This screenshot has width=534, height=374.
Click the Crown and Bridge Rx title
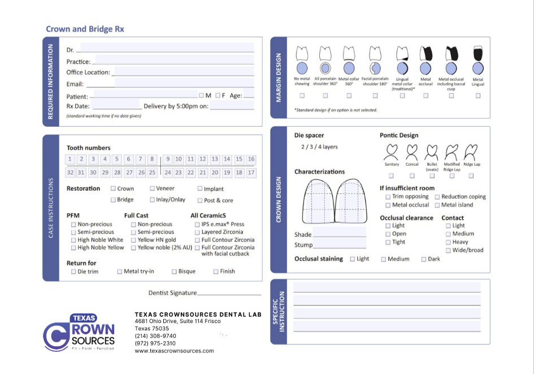pos(85,29)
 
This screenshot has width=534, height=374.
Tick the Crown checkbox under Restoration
pos(114,188)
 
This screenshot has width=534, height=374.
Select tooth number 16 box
pos(251,160)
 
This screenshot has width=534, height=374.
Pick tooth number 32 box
pos(70,173)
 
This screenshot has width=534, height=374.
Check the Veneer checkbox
pos(152,188)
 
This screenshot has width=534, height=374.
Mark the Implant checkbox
pos(200,189)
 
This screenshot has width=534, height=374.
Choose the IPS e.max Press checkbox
pos(197,225)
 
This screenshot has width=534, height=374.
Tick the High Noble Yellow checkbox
pos(73,248)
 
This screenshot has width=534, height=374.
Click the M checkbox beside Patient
pos(201,96)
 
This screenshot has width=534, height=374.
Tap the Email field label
pos(75,84)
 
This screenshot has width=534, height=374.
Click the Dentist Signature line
pos(229,294)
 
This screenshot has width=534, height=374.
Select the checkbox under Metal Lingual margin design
pos(478,96)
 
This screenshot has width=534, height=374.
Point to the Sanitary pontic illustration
pos(392,152)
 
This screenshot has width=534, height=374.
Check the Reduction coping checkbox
pos(437,197)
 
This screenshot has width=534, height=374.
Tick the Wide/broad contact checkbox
pos(448,250)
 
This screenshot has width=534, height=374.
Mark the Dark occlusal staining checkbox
pos(424,259)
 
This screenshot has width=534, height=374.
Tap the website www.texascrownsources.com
pos(174,351)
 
